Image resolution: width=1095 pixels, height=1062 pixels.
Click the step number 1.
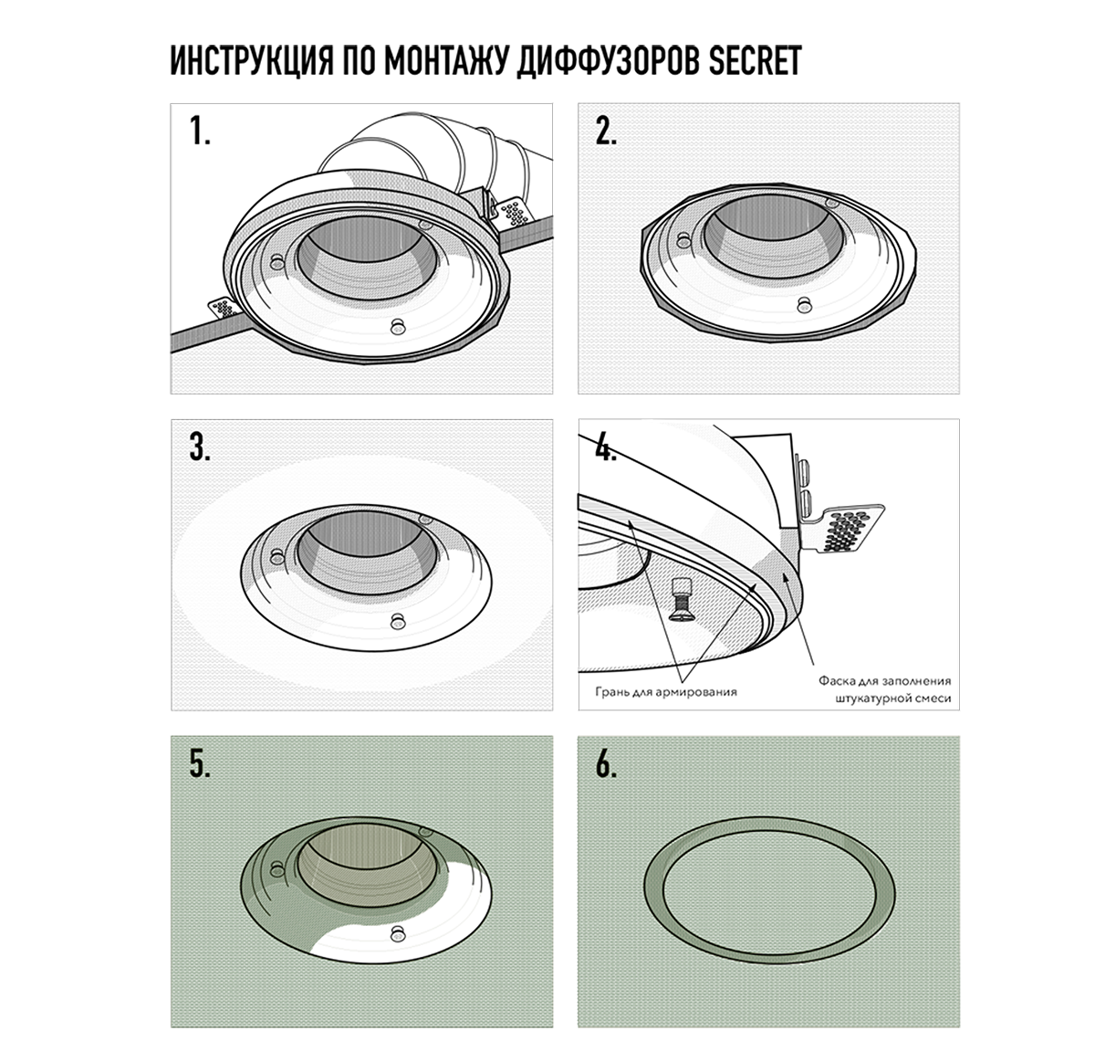coord(200,133)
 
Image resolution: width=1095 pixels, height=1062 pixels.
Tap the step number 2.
coord(606,133)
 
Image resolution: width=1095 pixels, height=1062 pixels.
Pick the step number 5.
coord(200,765)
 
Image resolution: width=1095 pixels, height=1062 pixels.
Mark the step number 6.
coord(606,765)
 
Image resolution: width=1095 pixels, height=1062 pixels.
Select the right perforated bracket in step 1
coord(513,213)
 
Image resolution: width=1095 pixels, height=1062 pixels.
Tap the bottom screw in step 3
coord(397,621)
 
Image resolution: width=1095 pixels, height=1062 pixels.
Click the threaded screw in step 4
coord(680,599)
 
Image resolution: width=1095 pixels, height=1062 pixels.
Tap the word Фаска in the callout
coord(836,680)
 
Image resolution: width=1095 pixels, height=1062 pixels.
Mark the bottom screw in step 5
coord(397,931)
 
